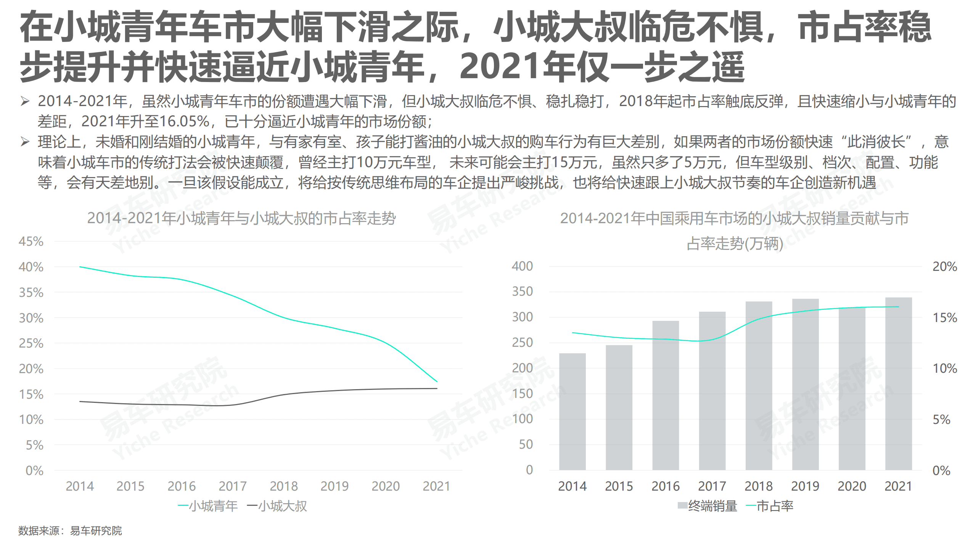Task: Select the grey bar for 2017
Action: coord(712,391)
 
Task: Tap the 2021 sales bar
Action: coord(898,383)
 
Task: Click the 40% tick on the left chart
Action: coord(31,267)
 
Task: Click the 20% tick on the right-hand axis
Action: coord(944,266)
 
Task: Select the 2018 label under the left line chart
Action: coord(283,486)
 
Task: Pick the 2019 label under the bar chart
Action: coord(805,486)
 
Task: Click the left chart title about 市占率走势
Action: coord(241,218)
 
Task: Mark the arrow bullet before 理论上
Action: coord(25,142)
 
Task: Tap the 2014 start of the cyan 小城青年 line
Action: coord(80,267)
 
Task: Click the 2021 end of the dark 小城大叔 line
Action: coord(437,388)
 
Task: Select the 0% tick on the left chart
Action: coord(34,470)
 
